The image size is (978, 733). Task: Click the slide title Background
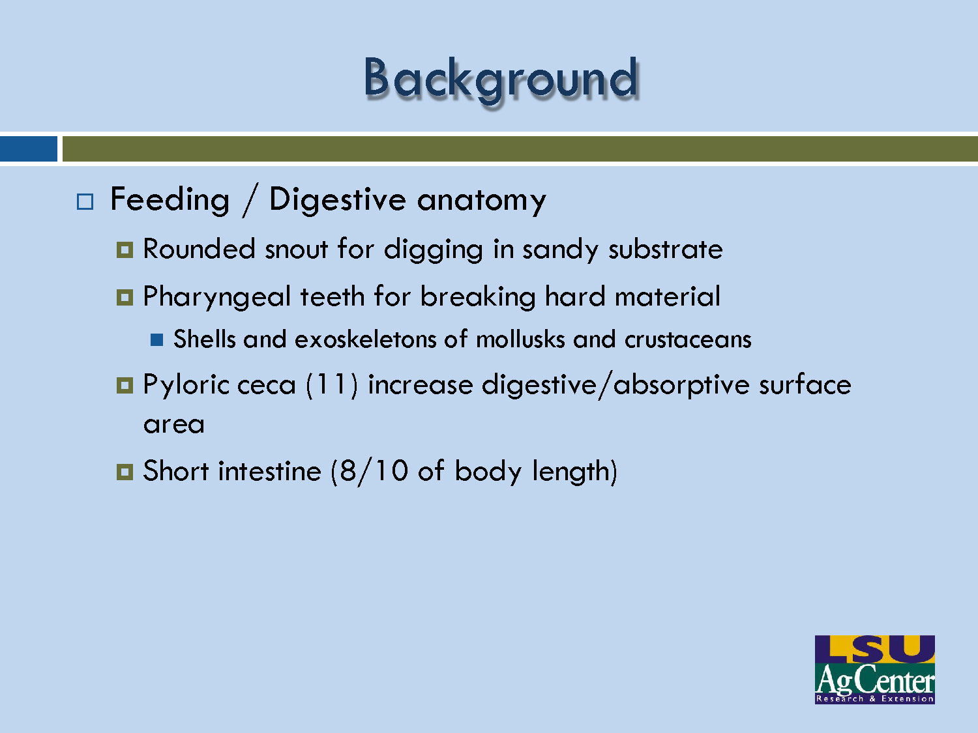[501, 79]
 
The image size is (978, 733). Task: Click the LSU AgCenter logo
[874, 669]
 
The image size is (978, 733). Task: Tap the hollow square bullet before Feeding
[85, 201]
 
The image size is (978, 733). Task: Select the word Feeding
[170, 199]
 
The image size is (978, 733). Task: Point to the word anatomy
[481, 200]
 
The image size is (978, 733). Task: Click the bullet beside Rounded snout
[125, 250]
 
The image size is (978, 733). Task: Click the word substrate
[665, 250]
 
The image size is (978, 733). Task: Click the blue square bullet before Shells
[156, 339]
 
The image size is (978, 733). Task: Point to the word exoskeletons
[381, 339]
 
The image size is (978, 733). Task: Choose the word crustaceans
[688, 339]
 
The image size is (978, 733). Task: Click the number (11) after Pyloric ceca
[332, 384]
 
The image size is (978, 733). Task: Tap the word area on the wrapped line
[173, 425]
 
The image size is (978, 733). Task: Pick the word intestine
[269, 471]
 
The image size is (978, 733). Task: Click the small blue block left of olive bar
[28, 149]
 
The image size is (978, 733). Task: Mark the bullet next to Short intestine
[125, 471]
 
